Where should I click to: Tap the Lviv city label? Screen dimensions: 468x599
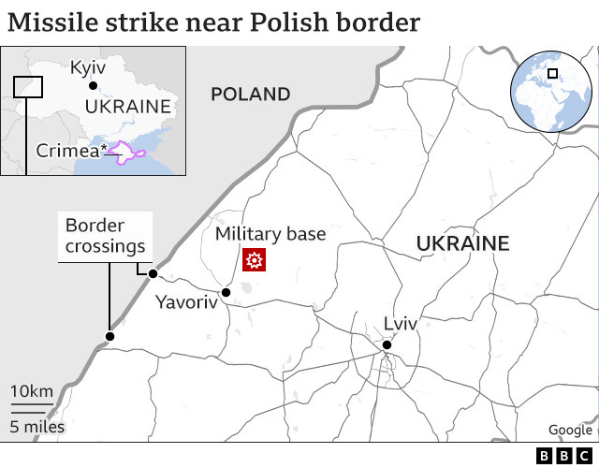(x=400, y=324)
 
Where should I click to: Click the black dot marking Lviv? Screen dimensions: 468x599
(x=386, y=346)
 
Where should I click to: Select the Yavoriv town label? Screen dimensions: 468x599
(x=185, y=302)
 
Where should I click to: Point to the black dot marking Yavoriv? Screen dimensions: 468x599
(x=226, y=292)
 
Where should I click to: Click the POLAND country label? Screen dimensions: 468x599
(x=250, y=94)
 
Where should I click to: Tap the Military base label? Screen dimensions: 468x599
(x=270, y=234)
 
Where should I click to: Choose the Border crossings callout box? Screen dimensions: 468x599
(x=106, y=236)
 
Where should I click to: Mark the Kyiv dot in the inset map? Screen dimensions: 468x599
(x=92, y=86)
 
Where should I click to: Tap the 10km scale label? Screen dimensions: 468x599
(x=31, y=390)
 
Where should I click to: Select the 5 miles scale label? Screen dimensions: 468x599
(x=37, y=427)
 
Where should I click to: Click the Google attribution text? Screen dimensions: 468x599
(x=570, y=430)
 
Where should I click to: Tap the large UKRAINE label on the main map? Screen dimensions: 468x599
(x=462, y=244)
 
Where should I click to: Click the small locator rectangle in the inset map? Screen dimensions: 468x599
(x=28, y=87)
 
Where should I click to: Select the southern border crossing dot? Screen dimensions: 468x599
(x=110, y=336)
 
